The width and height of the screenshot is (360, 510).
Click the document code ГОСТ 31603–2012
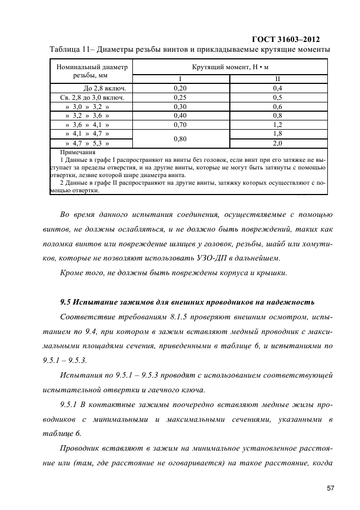[x=285, y=39]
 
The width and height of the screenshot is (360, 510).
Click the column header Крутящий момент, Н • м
[x=230, y=67]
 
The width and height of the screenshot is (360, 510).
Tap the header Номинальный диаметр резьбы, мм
[x=91, y=71]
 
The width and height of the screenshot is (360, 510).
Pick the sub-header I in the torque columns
[x=180, y=78]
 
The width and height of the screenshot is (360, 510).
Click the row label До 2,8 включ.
[x=106, y=88]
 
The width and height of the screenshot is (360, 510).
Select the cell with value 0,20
[x=180, y=88]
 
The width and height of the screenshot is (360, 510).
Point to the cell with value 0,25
[x=180, y=97]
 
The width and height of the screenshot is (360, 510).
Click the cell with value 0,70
[x=180, y=125]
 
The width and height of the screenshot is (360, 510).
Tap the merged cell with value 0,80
[x=180, y=138]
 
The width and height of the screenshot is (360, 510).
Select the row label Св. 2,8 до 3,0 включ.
[x=91, y=97]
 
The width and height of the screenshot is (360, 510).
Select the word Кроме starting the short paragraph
[x=72, y=272]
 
